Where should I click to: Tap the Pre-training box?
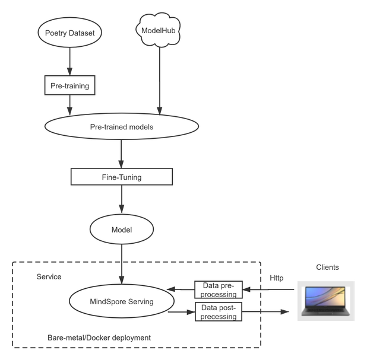click(69, 86)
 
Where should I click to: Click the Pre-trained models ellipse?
click(121, 127)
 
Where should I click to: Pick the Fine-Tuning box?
click(121, 177)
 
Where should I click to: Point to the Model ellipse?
click(121, 230)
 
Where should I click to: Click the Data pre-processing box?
click(216, 290)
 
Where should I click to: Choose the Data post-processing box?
click(216, 312)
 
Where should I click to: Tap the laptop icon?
click(325, 301)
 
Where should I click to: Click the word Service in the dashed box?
click(49, 277)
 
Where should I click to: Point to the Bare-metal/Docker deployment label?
click(99, 337)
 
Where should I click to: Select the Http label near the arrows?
click(277, 278)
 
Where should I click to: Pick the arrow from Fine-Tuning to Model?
click(121, 199)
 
